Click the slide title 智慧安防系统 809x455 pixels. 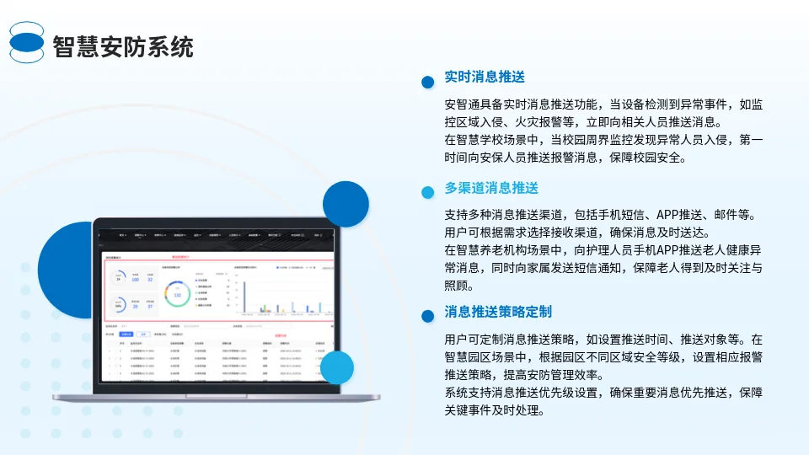click(123, 46)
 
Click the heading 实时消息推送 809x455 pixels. click(485, 77)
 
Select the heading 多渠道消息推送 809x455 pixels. click(491, 187)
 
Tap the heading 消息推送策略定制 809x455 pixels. click(498, 312)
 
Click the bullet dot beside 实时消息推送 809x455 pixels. click(427, 82)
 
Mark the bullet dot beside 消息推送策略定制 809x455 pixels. click(427, 316)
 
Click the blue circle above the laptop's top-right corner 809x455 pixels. click(346, 204)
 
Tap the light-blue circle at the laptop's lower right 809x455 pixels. click(337, 367)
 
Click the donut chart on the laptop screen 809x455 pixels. click(177, 295)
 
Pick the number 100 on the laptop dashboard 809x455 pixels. click(135, 280)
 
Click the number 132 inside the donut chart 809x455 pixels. click(177, 296)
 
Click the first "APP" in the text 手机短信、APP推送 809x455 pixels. click(669, 215)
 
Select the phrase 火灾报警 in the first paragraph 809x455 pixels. click(538, 121)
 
